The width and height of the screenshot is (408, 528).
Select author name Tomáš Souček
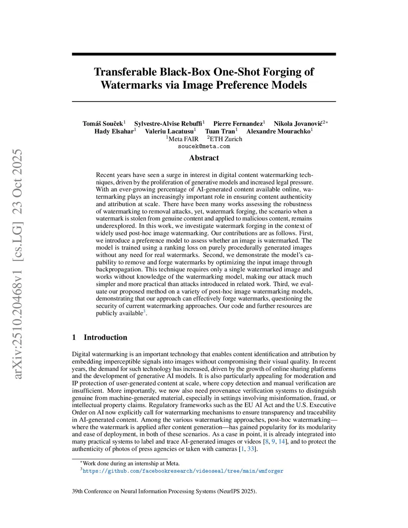[103, 124]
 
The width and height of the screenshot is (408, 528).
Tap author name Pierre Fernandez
[238, 124]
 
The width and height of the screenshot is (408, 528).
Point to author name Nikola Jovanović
[298, 124]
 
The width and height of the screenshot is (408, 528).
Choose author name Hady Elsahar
[114, 132]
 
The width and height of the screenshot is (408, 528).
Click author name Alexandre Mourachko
[279, 132]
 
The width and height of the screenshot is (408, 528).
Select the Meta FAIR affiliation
[183, 139]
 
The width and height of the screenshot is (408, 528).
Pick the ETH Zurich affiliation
[226, 139]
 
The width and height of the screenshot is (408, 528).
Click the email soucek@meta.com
[204, 146]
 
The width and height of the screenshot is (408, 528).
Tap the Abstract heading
[204, 158]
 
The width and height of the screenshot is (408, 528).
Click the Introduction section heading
[105, 338]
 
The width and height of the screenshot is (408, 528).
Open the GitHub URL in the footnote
[183, 471]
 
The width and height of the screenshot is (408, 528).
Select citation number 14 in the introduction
[282, 442]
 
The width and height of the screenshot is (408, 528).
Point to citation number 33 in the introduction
[251, 449]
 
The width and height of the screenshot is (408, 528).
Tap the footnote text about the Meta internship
[131, 463]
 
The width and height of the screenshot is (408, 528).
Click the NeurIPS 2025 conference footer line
[164, 491]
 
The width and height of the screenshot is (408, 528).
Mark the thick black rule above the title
[204, 54]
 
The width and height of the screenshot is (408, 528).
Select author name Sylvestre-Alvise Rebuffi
[168, 124]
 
